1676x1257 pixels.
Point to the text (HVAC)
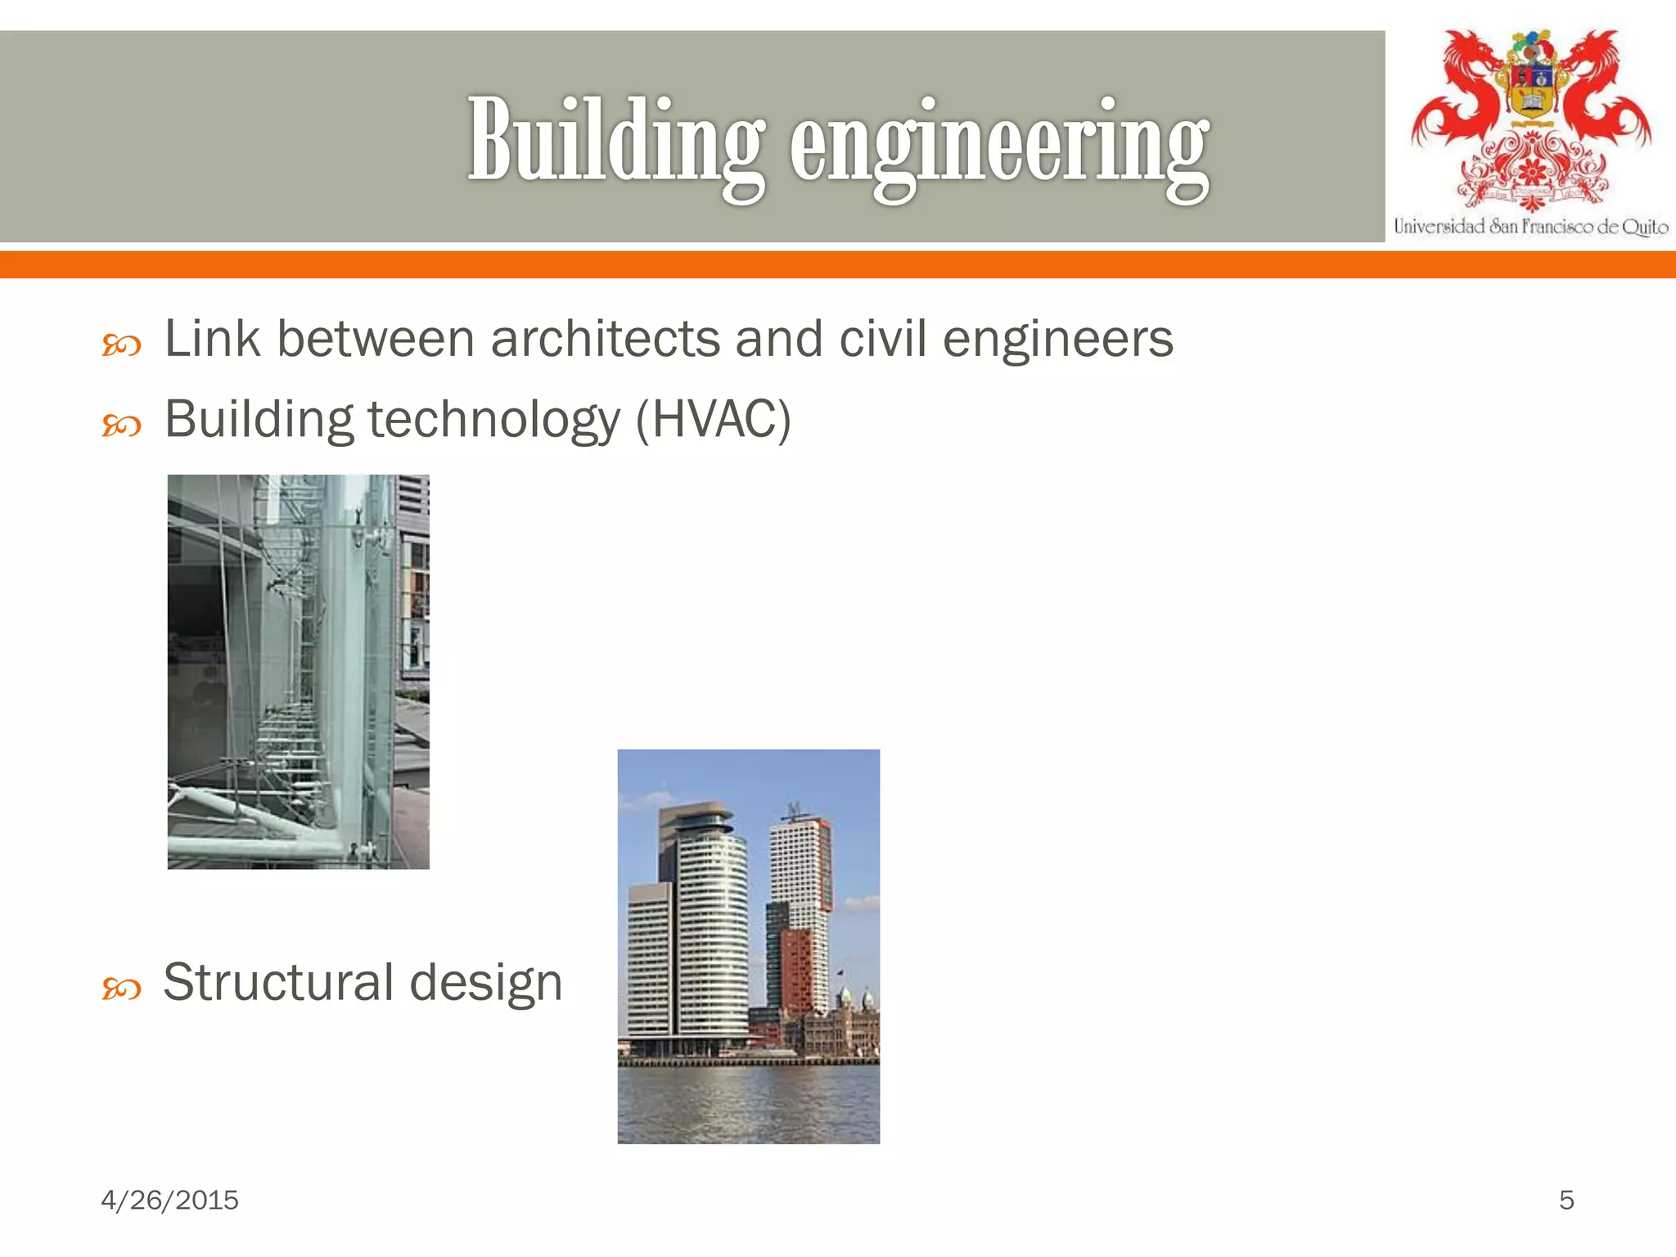click(x=713, y=420)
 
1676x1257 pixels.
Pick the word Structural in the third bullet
click(x=278, y=982)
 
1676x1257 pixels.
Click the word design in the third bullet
click(x=485, y=984)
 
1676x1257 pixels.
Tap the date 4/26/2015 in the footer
click(x=169, y=1200)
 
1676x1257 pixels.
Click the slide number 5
click(x=1566, y=1200)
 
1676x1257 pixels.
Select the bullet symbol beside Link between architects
click(x=121, y=346)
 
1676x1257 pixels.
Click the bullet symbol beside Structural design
click(x=121, y=989)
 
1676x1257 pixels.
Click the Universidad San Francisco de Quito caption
click(x=1530, y=227)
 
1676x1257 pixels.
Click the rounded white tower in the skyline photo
click(x=712, y=925)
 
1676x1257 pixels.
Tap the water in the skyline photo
click(x=748, y=1105)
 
